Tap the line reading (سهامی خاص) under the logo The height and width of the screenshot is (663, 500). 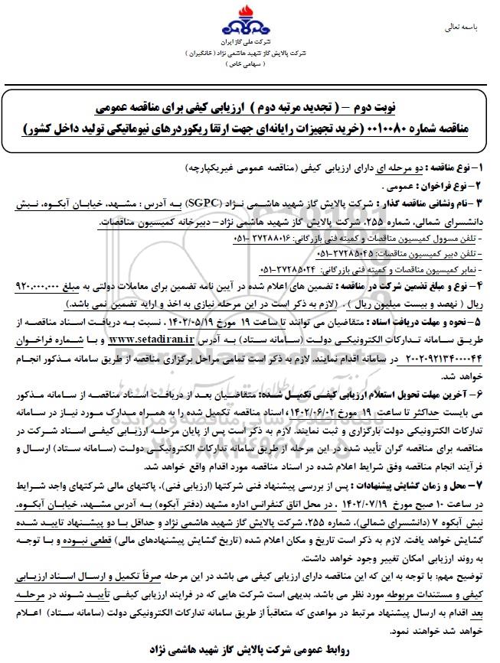click(x=250, y=64)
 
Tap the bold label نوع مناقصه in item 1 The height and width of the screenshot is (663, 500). click(x=449, y=166)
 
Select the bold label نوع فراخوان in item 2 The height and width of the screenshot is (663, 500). click(x=444, y=184)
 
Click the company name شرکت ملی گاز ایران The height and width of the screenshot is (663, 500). click(x=250, y=38)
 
